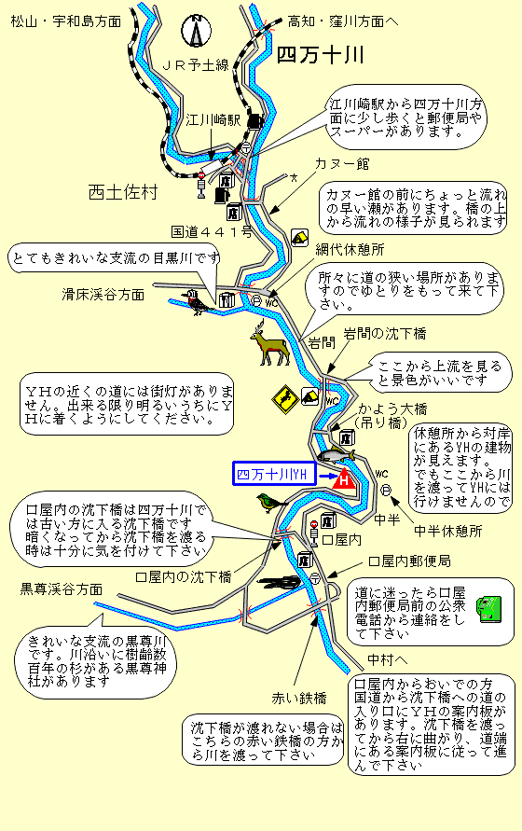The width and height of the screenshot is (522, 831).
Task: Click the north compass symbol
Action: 196,30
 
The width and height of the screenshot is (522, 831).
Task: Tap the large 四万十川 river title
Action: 320,55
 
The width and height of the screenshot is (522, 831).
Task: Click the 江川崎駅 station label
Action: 213,120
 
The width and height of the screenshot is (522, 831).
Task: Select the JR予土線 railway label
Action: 196,64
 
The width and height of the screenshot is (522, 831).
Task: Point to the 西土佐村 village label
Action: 123,192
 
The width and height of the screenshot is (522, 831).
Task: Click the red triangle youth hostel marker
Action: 343,478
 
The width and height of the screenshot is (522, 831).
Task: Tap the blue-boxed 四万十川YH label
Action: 274,474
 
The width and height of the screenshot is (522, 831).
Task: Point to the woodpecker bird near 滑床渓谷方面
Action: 197,302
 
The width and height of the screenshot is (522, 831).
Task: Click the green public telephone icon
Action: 489,609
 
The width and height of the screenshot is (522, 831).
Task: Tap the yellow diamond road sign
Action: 285,399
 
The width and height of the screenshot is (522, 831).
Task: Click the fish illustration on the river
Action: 336,455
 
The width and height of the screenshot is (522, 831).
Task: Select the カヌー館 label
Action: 342,164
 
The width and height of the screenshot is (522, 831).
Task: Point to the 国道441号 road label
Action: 211,231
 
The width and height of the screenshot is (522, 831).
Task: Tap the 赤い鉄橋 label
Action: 299,699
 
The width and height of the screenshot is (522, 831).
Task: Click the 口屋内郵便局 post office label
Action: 409,561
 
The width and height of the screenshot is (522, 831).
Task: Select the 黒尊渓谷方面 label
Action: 61,589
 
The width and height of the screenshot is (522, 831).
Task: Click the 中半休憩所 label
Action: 447,531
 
